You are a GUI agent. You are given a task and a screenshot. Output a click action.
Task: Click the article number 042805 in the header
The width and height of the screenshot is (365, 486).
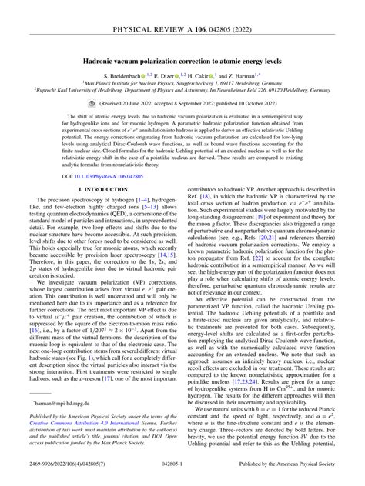(227, 10)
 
